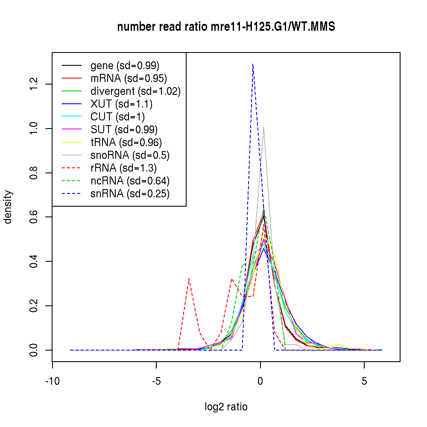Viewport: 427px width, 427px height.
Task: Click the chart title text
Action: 226,27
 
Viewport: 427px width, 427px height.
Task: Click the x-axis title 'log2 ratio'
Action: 226,407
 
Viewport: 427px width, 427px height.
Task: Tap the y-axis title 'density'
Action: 8,207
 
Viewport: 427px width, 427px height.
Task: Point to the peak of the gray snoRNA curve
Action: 263,127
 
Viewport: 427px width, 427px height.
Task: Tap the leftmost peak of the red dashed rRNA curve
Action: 189,278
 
